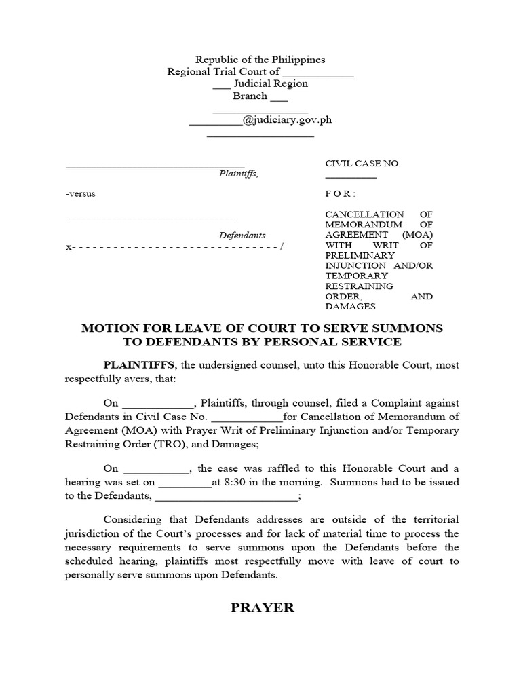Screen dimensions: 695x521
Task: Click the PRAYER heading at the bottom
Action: pos(263,607)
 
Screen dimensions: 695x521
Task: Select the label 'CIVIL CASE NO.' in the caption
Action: pos(363,164)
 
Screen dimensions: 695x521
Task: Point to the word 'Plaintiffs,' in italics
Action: pos(238,174)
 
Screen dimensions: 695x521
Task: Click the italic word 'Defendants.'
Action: pos(243,236)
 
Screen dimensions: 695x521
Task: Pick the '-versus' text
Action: pos(81,193)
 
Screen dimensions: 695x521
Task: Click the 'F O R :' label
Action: pos(339,193)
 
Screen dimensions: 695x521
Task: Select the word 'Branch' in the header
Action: pos(250,96)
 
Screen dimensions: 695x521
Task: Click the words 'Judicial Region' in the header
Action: pos(271,83)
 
